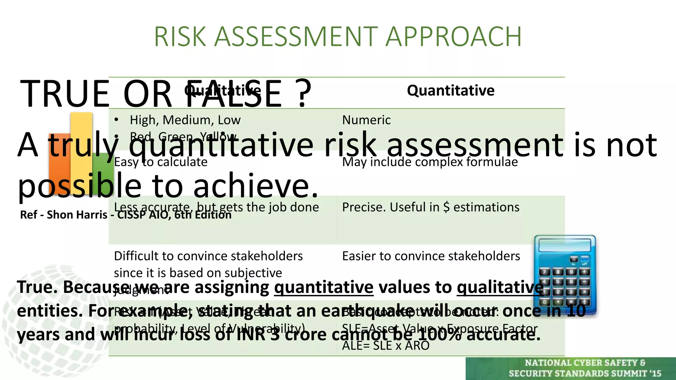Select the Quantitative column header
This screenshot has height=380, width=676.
451,90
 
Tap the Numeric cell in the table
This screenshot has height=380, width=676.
366,120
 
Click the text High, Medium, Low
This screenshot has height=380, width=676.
185,120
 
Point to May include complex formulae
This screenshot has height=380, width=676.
430,162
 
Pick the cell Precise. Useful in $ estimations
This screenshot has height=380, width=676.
430,207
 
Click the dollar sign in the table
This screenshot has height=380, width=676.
446,207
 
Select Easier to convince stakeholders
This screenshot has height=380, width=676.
431,256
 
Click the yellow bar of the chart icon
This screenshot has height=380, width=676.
81,139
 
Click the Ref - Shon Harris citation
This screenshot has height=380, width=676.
125,215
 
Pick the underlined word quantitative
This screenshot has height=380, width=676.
323,287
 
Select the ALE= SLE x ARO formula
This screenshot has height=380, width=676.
386,346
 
